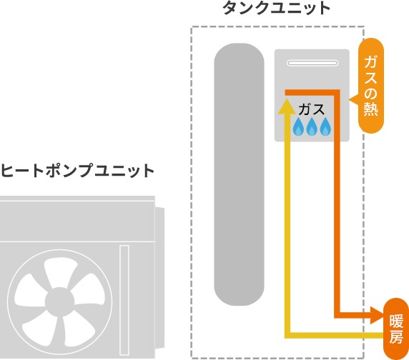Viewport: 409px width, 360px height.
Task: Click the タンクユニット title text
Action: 276,8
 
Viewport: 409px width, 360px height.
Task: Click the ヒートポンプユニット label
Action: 77,171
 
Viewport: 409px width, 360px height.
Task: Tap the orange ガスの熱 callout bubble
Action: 370,86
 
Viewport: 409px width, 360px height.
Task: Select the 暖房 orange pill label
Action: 395,329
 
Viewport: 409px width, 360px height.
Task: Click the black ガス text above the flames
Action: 312,109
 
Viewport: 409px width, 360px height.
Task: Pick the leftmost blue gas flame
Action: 298,126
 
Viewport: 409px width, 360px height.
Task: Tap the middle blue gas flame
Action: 312,126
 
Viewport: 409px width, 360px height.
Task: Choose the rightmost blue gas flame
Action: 325,126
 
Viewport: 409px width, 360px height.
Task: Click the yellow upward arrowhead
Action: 287,107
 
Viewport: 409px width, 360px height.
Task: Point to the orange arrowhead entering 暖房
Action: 378,315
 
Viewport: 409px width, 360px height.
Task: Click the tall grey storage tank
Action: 239,174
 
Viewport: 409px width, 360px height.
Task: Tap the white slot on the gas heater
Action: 312,63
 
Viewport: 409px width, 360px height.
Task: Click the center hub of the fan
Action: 59,302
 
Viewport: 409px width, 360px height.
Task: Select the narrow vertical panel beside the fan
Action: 124,300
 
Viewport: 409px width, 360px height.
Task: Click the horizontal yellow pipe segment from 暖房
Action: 334,336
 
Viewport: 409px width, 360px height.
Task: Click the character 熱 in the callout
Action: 371,109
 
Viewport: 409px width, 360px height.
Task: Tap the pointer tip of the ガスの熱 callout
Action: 350,99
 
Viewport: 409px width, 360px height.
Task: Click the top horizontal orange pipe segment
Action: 312,92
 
